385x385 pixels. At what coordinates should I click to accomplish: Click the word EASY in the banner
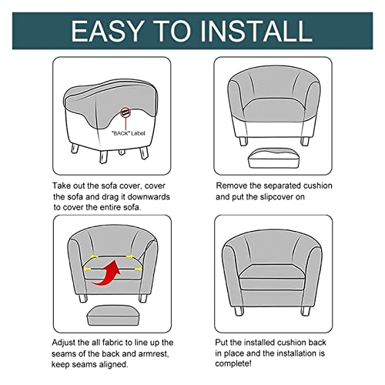(x=107, y=31)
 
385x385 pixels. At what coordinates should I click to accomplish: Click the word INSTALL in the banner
(x=256, y=31)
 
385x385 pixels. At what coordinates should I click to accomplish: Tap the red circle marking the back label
(x=126, y=112)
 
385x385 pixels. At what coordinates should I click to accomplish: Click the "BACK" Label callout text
(x=128, y=133)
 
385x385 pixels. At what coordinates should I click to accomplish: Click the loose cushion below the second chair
(x=273, y=158)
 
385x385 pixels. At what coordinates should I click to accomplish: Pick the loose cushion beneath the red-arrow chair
(x=112, y=315)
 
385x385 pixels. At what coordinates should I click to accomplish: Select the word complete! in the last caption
(x=233, y=363)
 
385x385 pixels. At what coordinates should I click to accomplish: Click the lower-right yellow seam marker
(x=138, y=269)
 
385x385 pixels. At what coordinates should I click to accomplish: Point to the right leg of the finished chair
(x=306, y=310)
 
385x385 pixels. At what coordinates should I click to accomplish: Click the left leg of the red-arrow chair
(x=83, y=298)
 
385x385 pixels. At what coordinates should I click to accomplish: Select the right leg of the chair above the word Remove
(x=305, y=141)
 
